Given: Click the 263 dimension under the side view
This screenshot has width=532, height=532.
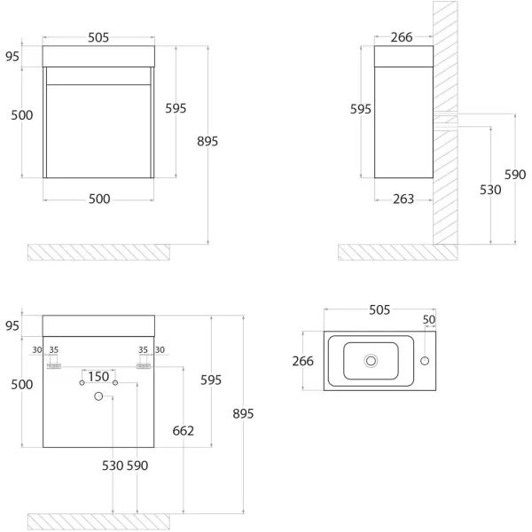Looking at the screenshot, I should tap(403, 199).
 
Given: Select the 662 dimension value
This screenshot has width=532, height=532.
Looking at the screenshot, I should tap(182, 432).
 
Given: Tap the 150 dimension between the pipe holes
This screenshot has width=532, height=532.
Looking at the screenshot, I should tap(98, 377).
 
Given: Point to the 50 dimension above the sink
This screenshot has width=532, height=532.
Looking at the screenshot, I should tap(429, 319).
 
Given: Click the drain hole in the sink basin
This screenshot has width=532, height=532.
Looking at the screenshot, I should tap(371, 361).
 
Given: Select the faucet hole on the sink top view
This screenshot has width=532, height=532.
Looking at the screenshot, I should tap(425, 361).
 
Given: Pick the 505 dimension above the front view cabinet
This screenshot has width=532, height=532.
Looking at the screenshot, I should tap(98, 37).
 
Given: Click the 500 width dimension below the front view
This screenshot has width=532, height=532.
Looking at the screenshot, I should tap(98, 199).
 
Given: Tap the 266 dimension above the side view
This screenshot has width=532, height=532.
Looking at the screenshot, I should tap(403, 37).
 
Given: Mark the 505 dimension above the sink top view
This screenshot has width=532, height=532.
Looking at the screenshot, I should tap(379, 309).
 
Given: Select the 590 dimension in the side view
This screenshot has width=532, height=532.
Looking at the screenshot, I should tap(515, 175).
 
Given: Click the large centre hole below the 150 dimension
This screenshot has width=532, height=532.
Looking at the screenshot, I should tap(98, 396).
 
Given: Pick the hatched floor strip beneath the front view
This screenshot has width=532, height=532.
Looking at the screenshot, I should tap(98, 252).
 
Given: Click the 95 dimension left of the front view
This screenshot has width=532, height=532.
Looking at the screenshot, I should tap(12, 57).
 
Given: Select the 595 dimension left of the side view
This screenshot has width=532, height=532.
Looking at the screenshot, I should tap(360, 109).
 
